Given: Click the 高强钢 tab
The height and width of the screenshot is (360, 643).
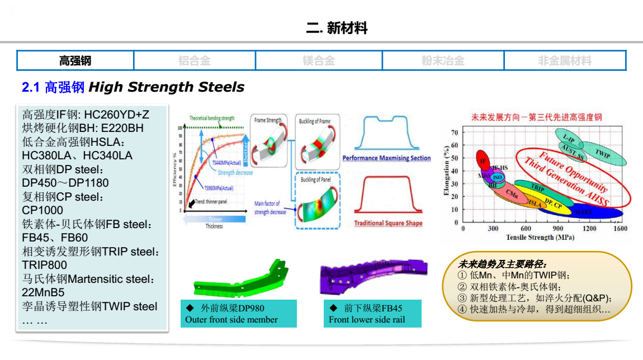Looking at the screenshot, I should click(x=75, y=60).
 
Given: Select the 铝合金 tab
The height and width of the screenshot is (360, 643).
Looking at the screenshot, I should click(x=195, y=60).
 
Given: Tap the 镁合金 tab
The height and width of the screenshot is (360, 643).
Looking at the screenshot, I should click(x=319, y=60).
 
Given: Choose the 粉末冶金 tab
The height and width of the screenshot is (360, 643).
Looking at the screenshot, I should click(x=443, y=60).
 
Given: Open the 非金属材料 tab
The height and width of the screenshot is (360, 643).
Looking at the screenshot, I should click(x=565, y=60).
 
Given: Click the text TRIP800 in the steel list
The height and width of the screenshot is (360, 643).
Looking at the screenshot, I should click(x=45, y=265).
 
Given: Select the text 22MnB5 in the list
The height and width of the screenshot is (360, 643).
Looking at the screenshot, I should click(x=43, y=292).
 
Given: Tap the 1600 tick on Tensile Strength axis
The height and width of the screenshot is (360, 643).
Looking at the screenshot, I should click(x=620, y=229).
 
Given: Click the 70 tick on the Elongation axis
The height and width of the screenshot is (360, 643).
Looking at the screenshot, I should click(x=455, y=132).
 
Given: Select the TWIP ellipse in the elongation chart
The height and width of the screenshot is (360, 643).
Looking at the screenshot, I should click(x=601, y=153).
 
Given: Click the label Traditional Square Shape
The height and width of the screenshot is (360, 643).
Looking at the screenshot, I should click(x=388, y=224).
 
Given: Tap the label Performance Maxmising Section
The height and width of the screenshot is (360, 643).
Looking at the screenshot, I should click(x=386, y=158).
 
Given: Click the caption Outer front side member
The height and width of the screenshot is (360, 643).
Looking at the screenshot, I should click(x=231, y=320).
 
